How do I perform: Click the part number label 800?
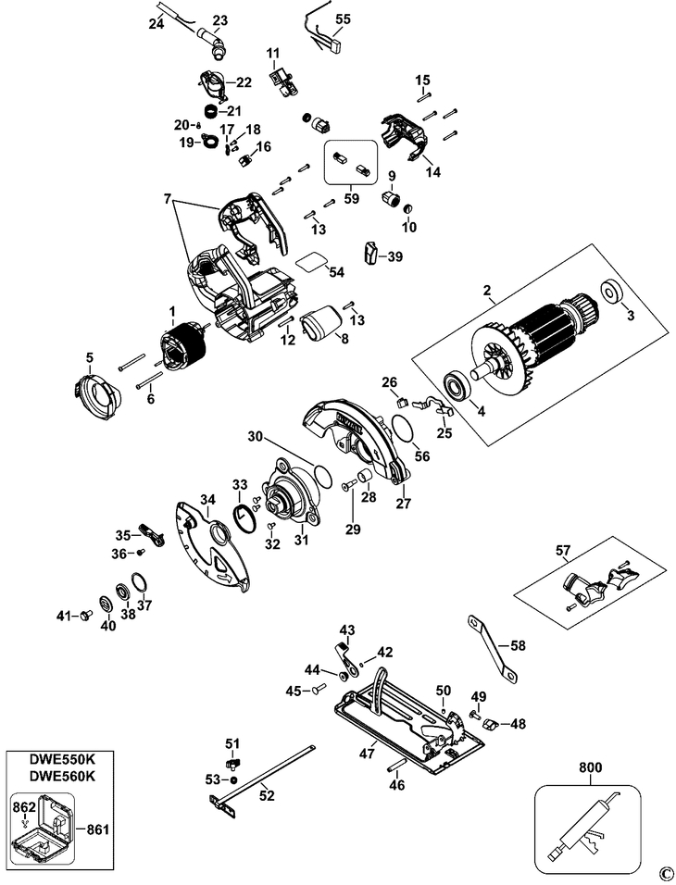coord(590,767)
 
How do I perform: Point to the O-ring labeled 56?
coord(401,429)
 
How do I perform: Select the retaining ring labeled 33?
coord(243,517)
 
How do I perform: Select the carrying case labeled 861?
coord(43,829)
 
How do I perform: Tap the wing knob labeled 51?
coord(232,765)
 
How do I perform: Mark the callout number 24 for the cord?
coord(156,24)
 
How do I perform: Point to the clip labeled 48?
coord(489,723)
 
